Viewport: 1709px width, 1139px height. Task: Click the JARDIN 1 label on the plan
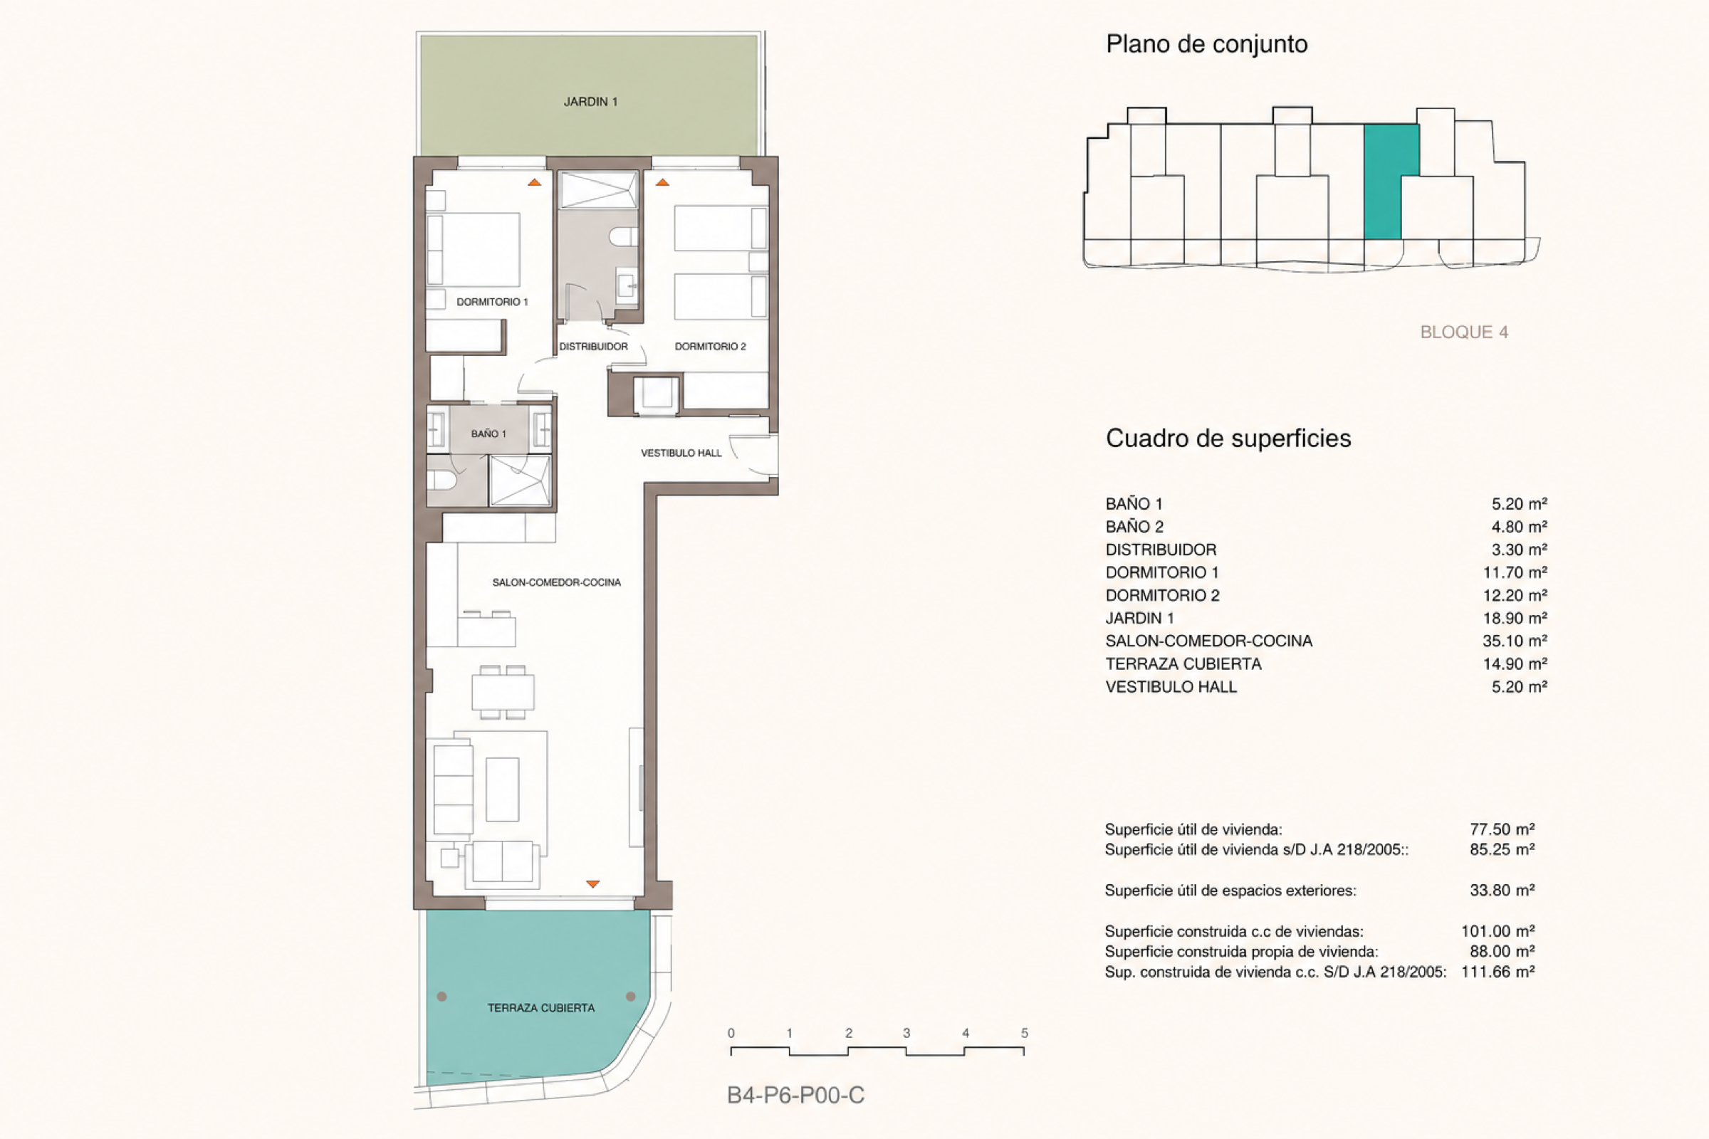point(590,102)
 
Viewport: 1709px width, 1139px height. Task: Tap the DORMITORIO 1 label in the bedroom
point(492,301)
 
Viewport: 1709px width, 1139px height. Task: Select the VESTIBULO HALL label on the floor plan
point(681,453)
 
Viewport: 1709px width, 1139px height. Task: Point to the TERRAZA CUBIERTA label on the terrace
point(540,1007)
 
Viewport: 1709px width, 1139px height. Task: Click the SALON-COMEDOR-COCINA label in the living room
point(557,582)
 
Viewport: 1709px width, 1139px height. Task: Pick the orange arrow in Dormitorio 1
point(535,182)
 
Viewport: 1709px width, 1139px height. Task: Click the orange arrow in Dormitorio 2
point(662,182)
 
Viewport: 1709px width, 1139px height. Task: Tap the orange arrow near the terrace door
point(593,884)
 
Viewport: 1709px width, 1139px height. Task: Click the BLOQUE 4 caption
point(1464,332)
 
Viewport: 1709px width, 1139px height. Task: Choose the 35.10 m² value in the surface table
point(1515,641)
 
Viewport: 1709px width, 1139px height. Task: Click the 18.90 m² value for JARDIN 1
point(1515,618)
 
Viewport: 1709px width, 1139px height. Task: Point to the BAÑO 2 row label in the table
point(1134,527)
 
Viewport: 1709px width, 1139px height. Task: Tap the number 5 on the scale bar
point(1025,1033)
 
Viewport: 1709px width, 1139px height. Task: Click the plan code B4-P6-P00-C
point(795,1096)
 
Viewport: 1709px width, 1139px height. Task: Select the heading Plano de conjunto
point(1207,44)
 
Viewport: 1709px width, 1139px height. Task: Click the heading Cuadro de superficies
point(1228,438)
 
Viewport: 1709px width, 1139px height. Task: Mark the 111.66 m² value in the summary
point(1498,972)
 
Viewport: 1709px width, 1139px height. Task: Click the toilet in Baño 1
point(441,479)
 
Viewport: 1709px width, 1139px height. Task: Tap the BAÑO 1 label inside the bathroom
point(488,434)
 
